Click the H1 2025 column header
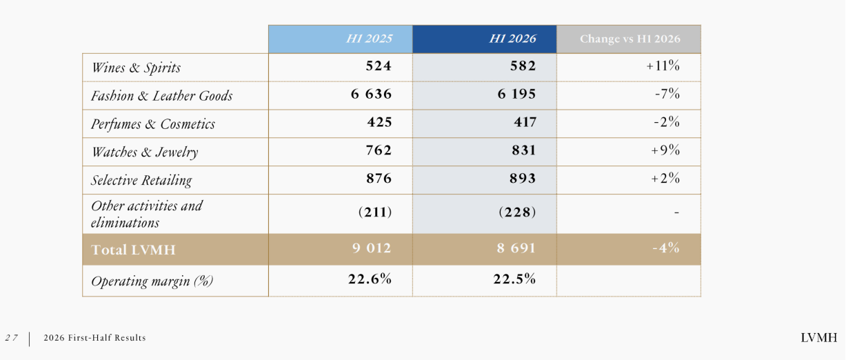click(370, 39)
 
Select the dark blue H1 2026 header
click(512, 39)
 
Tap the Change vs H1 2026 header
click(630, 39)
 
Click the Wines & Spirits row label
click(136, 68)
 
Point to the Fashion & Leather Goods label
click(161, 96)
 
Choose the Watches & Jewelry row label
click(145, 152)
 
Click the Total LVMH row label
click(133, 250)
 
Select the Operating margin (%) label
click(152, 281)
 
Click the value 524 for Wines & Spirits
click(379, 66)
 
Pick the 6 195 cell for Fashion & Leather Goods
click(516, 94)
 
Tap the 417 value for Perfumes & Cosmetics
click(525, 122)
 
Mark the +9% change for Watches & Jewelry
click(665, 150)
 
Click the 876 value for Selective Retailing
click(379, 179)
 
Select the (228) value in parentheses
click(517, 212)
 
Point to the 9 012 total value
click(372, 248)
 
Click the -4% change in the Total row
click(666, 248)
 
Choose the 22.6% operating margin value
click(370, 279)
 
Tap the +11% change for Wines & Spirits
click(663, 66)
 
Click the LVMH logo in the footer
click(819, 338)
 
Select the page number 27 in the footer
click(11, 338)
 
